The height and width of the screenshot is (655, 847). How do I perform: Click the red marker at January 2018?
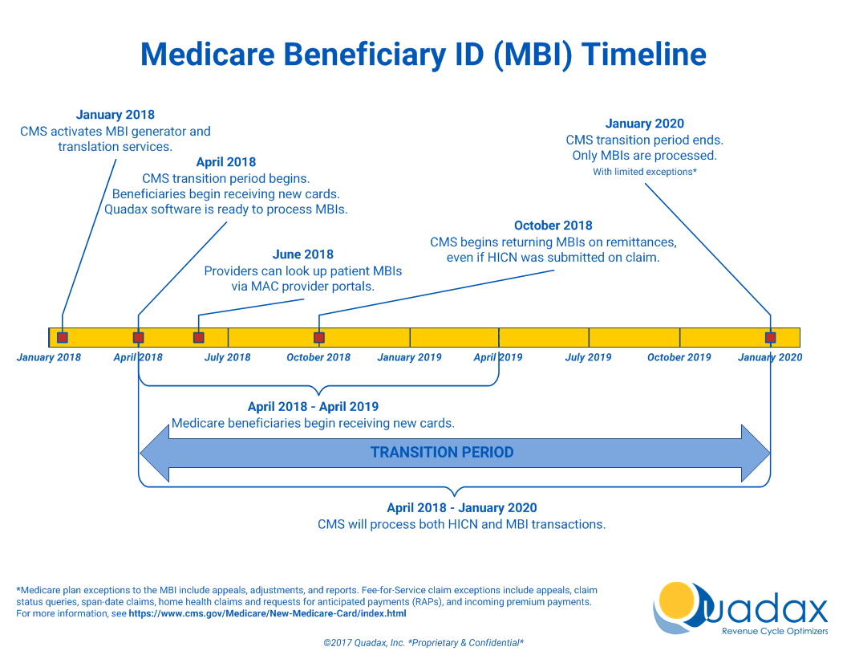click(63, 338)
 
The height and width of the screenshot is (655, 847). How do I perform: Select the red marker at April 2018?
click(139, 338)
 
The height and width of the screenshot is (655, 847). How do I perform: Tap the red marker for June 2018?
click(199, 338)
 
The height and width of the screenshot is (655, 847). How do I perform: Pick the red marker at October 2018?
click(319, 338)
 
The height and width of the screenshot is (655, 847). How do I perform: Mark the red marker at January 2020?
click(771, 338)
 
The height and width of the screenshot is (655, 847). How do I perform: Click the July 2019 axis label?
click(588, 357)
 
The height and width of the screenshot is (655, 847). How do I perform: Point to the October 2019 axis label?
click(679, 357)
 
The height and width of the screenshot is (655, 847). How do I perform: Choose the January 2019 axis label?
click(409, 357)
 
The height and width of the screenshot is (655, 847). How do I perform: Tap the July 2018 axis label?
click(227, 357)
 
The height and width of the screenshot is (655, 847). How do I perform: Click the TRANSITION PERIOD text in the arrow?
click(442, 453)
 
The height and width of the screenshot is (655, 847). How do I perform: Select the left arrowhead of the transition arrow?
click(154, 454)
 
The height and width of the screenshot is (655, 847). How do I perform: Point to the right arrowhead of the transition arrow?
click(756, 454)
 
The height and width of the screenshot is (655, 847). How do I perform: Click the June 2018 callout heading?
click(303, 254)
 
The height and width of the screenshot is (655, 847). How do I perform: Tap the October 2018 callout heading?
click(553, 226)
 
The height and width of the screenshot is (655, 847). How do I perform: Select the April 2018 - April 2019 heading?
click(313, 407)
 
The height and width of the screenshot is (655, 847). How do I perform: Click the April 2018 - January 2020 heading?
click(462, 507)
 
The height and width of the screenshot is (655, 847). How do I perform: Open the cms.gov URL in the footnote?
click(267, 613)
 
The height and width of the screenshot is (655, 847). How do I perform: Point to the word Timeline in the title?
click(643, 55)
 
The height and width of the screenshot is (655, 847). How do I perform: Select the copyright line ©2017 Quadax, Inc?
click(423, 643)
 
